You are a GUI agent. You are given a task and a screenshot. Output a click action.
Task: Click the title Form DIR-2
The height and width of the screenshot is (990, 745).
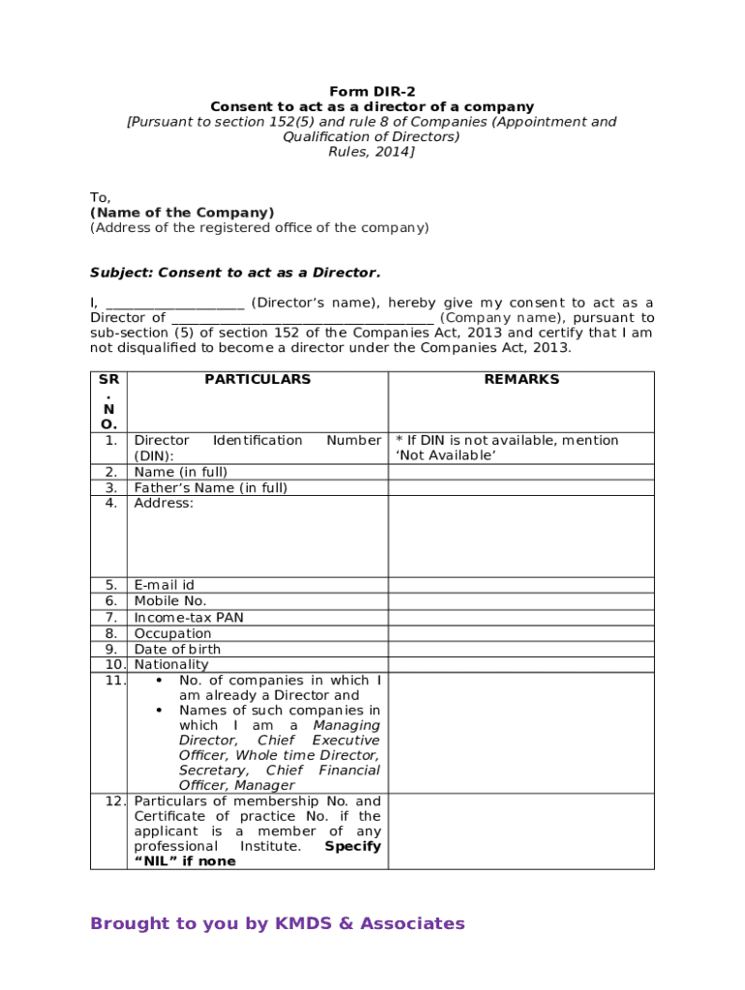(x=372, y=92)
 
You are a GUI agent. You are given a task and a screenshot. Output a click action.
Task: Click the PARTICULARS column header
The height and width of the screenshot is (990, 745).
(x=257, y=380)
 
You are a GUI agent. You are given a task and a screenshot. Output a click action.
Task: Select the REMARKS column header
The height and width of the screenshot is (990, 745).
(x=521, y=380)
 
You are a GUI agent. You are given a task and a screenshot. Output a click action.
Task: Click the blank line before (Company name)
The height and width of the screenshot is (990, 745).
(x=302, y=318)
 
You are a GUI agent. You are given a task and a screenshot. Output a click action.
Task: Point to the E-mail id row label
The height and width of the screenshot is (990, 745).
(x=164, y=585)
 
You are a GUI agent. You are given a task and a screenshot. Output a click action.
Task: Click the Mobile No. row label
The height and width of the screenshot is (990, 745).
(x=169, y=600)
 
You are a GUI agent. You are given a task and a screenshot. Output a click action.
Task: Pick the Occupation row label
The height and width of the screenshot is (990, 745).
(x=172, y=633)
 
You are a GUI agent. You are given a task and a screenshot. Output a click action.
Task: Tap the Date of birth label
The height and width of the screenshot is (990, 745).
(x=177, y=650)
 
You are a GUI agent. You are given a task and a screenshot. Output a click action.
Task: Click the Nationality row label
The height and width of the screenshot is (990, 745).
(x=171, y=665)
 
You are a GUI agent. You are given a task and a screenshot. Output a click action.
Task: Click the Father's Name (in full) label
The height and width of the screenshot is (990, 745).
(x=210, y=488)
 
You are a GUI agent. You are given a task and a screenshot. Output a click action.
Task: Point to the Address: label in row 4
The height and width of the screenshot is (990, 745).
(x=164, y=504)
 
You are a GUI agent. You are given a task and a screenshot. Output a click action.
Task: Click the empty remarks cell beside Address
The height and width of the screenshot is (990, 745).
(x=521, y=536)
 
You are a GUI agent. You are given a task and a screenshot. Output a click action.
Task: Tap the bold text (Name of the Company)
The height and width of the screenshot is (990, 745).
(x=182, y=213)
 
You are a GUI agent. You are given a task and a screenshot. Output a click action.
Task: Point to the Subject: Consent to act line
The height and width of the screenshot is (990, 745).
(x=235, y=273)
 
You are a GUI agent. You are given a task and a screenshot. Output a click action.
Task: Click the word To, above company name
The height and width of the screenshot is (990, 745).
(x=101, y=197)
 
